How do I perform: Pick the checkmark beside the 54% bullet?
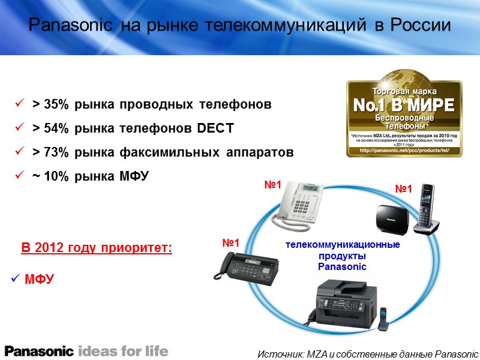pyautogui.click(x=19, y=128)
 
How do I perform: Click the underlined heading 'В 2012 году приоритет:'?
pyautogui.click(x=97, y=248)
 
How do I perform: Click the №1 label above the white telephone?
pyautogui.click(x=273, y=186)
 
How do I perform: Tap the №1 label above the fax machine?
pyautogui.click(x=231, y=243)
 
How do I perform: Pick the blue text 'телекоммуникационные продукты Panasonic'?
pyautogui.click(x=343, y=256)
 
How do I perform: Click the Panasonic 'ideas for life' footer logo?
pyautogui.click(x=86, y=350)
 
